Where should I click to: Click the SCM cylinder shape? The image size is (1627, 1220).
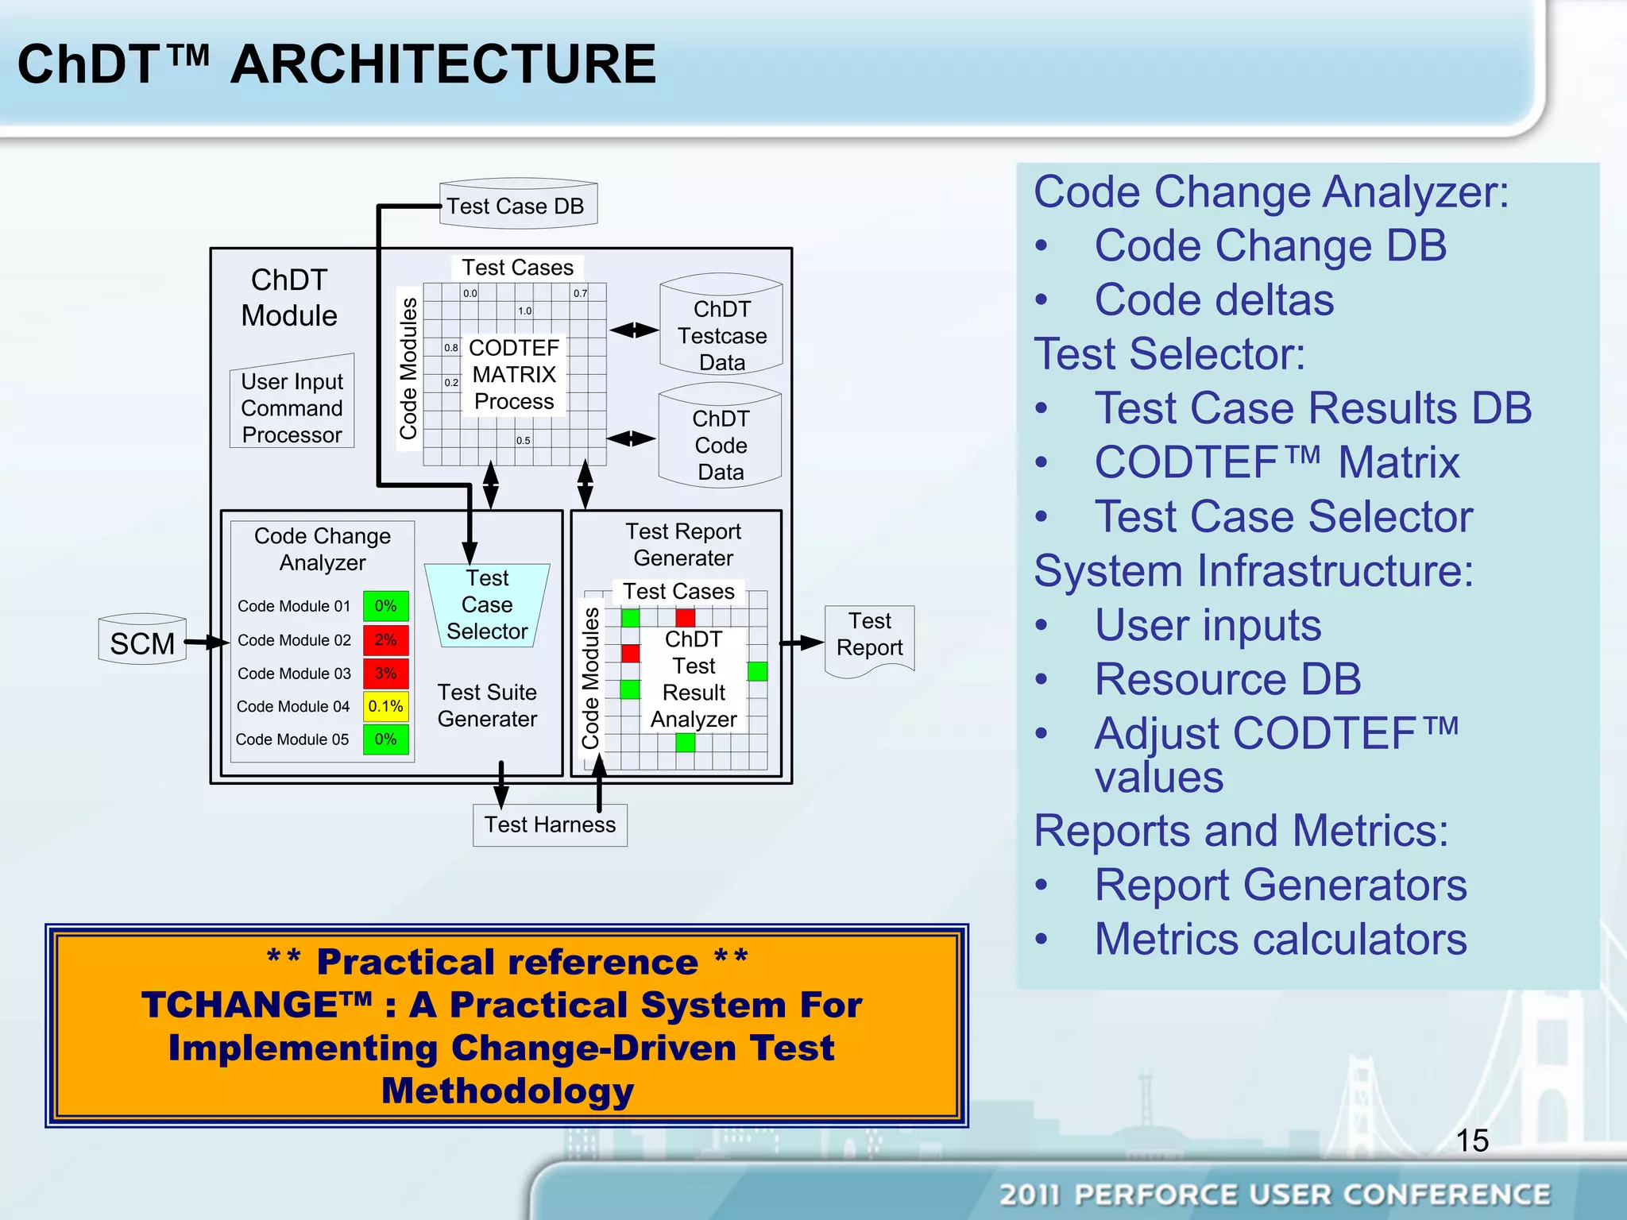click(142, 640)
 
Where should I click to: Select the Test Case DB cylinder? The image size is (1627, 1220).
click(518, 205)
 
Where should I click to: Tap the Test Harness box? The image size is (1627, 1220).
click(550, 824)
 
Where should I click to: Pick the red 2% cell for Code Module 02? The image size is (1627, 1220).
click(385, 639)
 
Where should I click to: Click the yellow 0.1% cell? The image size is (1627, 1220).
click(385, 706)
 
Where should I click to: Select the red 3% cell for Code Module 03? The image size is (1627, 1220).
click(385, 673)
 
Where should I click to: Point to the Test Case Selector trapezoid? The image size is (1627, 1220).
click(487, 604)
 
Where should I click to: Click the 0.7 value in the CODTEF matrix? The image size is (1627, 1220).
click(581, 293)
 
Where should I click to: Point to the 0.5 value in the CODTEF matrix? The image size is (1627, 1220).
click(523, 440)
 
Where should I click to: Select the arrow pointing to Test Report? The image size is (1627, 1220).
click(802, 643)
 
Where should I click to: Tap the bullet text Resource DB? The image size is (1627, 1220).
click(1227, 679)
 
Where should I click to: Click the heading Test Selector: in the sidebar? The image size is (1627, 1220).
click(1169, 353)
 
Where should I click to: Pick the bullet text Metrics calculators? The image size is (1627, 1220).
click(1280, 939)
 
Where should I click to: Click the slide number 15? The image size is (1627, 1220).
click(1471, 1141)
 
